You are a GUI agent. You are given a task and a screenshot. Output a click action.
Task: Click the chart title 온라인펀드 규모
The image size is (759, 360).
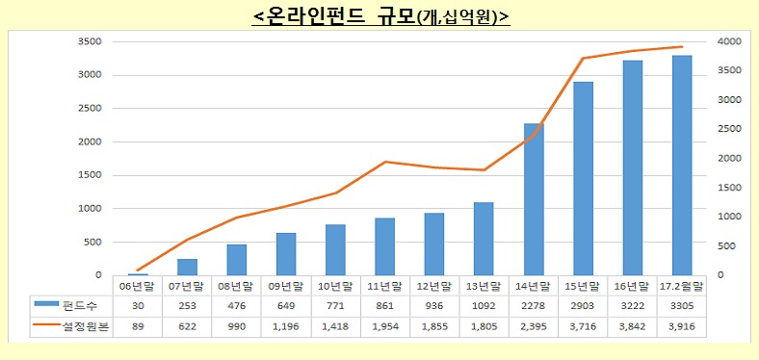(x=379, y=16)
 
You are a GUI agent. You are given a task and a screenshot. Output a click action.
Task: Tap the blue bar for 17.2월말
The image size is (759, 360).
(x=682, y=166)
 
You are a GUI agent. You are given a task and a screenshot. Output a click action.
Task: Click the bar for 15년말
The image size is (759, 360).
(x=584, y=178)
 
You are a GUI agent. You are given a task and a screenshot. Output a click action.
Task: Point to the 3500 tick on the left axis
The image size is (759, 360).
(x=92, y=41)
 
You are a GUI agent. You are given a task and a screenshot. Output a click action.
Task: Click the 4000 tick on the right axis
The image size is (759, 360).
(x=729, y=41)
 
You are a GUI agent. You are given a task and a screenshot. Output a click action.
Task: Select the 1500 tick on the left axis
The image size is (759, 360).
(x=92, y=175)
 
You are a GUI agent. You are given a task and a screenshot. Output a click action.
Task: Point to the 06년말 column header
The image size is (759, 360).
(x=138, y=285)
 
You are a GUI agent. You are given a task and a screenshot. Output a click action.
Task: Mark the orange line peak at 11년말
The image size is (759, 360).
(x=385, y=162)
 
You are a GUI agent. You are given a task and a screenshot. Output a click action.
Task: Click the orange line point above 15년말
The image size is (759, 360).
(x=584, y=59)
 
